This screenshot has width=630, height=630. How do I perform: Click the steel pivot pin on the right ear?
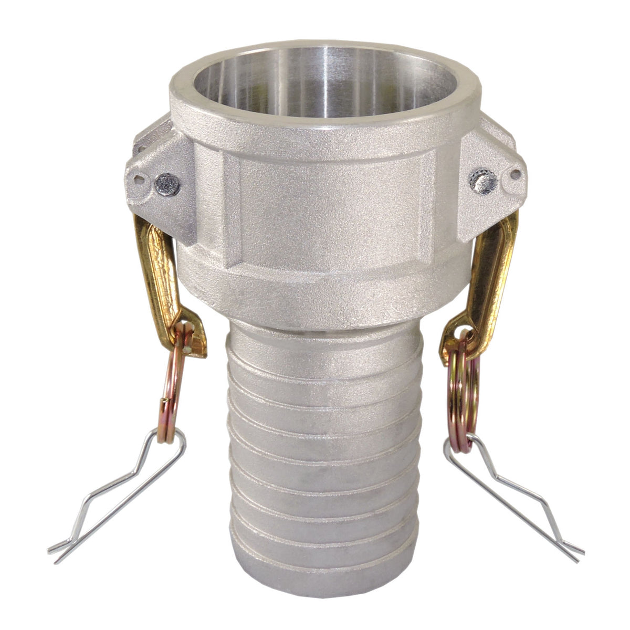coord(485,181)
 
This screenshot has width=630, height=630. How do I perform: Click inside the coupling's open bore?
coord(320,84)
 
